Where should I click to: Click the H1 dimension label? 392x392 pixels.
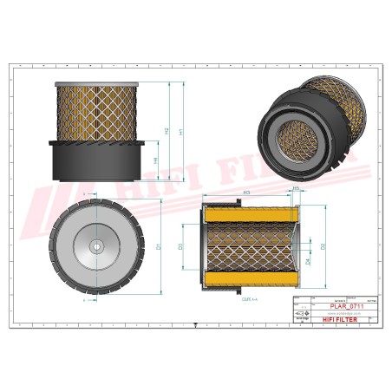[180, 131]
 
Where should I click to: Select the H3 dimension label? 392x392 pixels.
[247, 192]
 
